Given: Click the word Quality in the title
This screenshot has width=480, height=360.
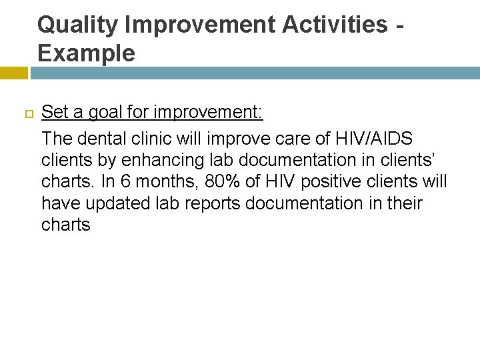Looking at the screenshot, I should click(x=77, y=25).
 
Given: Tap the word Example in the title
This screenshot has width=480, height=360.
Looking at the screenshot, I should click(x=86, y=53).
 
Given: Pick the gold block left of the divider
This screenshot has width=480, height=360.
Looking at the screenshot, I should click(x=13, y=72).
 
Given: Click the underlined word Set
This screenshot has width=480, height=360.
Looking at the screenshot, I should click(x=54, y=112).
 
